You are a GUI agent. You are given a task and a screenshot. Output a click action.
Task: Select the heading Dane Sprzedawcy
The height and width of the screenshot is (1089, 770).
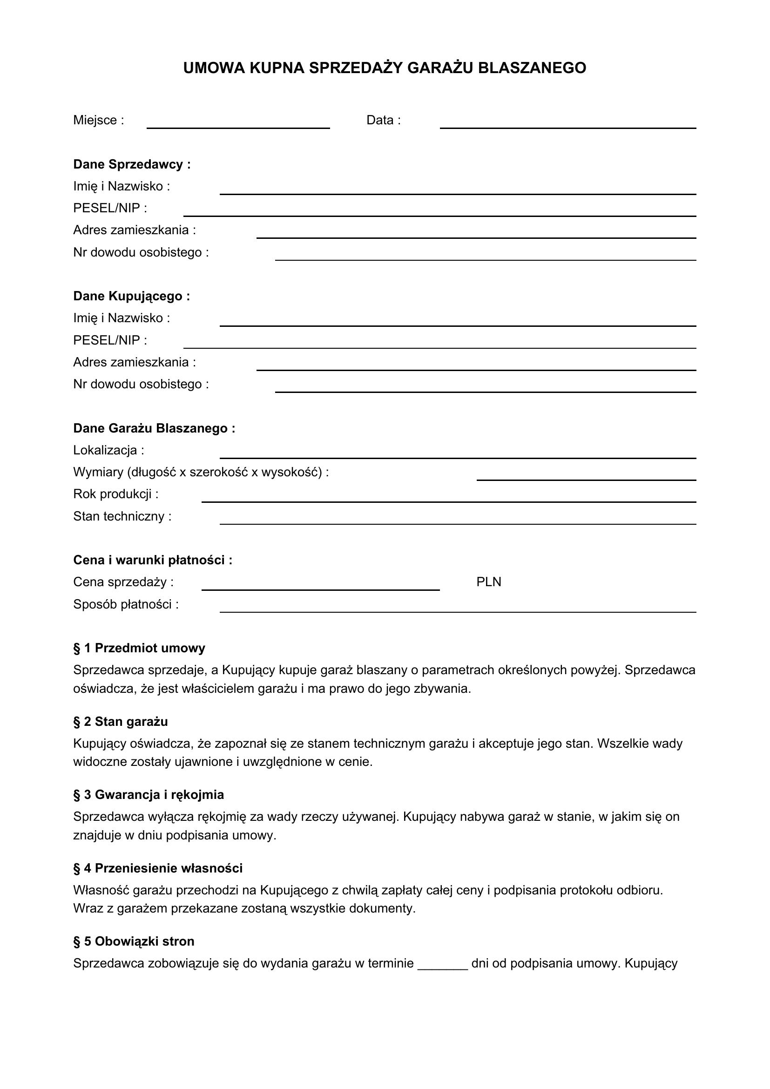click(x=132, y=164)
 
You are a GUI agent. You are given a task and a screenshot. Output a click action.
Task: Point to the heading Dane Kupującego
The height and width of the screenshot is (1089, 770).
click(x=131, y=297)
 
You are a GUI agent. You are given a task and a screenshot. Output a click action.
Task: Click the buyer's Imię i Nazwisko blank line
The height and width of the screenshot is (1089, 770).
click(x=458, y=325)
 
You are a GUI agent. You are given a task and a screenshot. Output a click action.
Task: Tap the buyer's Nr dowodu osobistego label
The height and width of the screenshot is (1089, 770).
click(x=141, y=384)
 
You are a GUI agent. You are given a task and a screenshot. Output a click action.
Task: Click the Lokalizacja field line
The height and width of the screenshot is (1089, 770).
click(x=458, y=457)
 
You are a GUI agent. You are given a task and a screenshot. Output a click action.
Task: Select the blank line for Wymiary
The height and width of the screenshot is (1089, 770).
click(x=586, y=479)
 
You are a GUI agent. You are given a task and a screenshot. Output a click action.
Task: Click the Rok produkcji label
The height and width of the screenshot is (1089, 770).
click(x=116, y=494)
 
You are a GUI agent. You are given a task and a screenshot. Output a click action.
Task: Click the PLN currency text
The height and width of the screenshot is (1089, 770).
click(x=488, y=582)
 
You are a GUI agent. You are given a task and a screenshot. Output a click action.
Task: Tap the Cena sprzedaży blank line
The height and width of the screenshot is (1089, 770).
click(x=320, y=589)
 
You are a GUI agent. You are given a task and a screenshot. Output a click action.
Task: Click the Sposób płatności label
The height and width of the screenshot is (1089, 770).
click(x=126, y=605)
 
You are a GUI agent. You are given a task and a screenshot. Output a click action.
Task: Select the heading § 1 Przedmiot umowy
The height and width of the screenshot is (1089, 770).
click(x=139, y=649)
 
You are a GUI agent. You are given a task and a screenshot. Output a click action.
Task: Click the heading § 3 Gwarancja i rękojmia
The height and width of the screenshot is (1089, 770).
click(x=149, y=795)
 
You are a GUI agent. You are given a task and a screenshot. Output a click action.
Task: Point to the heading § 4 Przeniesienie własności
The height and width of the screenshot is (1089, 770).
click(x=157, y=868)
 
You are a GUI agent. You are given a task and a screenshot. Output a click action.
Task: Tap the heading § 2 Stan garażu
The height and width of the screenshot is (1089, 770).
click(x=121, y=722)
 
